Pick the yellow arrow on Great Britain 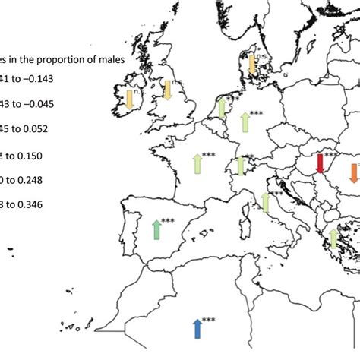(x=168, y=91)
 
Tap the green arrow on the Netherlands (x=222, y=108)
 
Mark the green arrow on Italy (x=265, y=202)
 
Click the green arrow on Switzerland (x=240, y=166)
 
